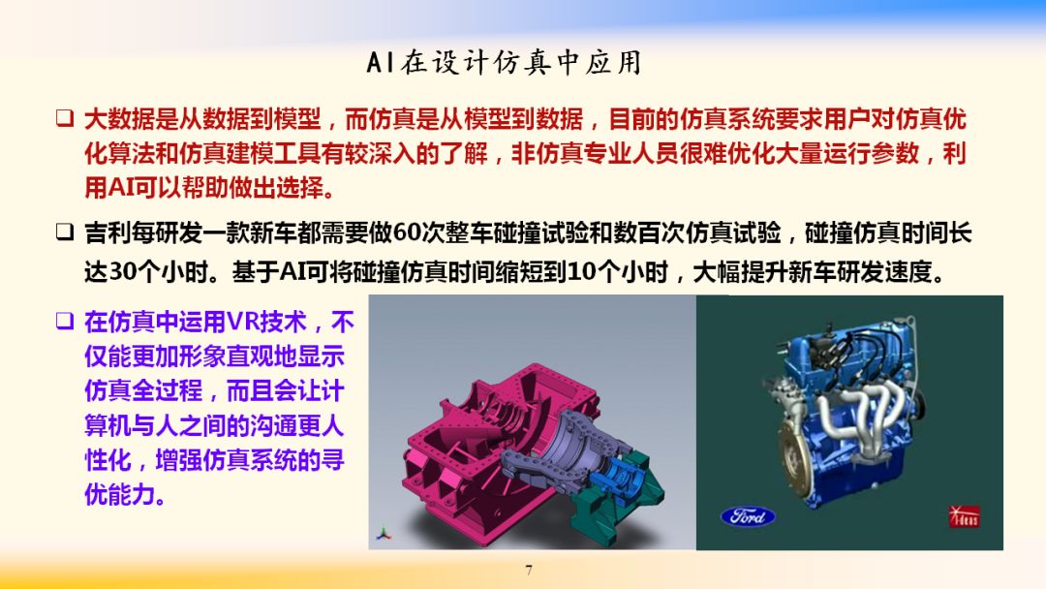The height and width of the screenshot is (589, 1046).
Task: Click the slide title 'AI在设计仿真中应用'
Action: (x=504, y=63)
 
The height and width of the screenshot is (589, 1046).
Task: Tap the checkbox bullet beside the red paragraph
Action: (x=64, y=118)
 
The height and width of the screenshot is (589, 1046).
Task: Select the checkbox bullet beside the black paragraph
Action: (x=64, y=232)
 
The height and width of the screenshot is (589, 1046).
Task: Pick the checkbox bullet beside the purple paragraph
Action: (x=64, y=321)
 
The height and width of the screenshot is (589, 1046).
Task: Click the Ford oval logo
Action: (x=748, y=515)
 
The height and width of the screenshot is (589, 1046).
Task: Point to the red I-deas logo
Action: (x=964, y=515)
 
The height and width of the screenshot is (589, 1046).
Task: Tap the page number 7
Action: (x=529, y=570)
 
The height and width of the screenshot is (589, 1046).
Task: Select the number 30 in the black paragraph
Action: (x=121, y=271)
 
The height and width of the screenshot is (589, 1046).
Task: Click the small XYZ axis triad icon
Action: (x=383, y=535)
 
